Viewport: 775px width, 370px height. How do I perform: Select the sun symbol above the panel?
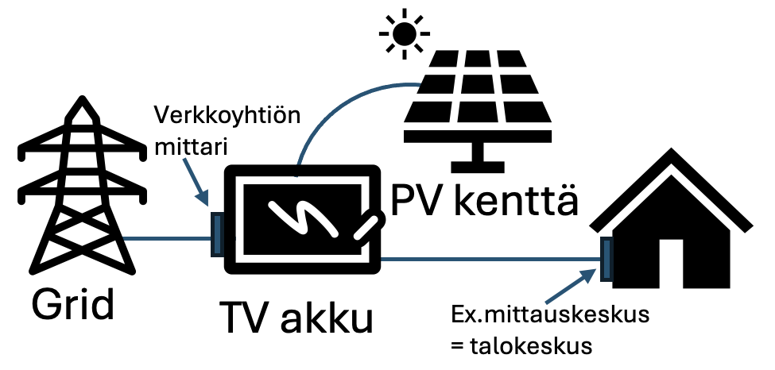point(403,32)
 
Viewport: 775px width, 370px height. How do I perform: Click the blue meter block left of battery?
point(215,234)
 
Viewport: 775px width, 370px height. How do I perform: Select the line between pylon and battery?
point(167,239)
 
